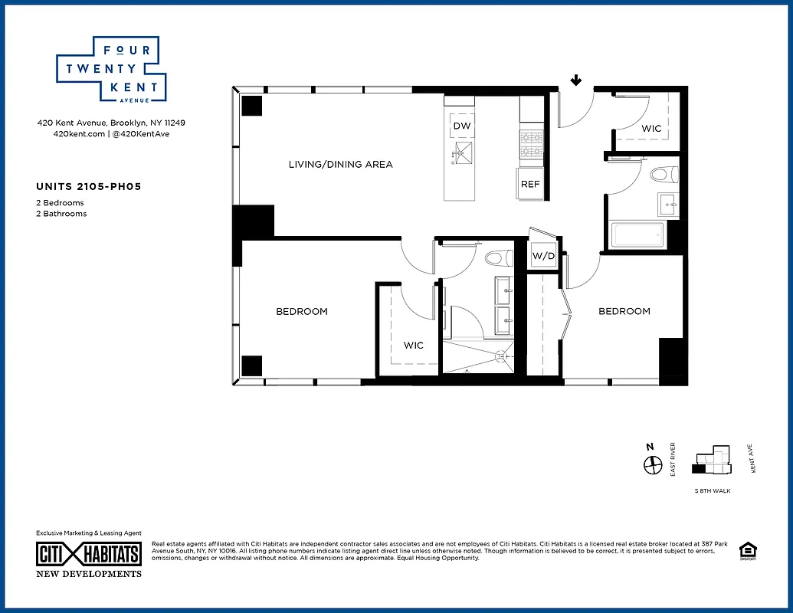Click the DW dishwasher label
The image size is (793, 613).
(461, 126)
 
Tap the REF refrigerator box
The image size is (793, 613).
(530, 184)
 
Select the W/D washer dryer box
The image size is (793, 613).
(543, 256)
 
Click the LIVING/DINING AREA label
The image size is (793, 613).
(340, 164)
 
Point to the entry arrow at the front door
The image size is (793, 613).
(575, 80)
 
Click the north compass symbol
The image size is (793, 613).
(651, 464)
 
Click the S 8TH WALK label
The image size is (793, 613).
(712, 490)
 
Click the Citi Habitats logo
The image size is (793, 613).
(89, 554)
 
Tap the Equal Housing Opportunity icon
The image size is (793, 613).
(746, 551)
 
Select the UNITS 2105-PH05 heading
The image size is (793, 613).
(88, 186)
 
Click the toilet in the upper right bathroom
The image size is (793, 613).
(664, 175)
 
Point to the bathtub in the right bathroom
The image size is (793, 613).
(637, 235)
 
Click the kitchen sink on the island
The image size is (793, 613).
(461, 153)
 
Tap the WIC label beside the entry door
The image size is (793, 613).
(651, 129)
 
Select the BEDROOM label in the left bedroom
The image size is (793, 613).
(302, 311)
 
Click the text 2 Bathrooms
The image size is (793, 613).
(61, 214)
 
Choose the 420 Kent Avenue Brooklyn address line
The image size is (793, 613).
(111, 123)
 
